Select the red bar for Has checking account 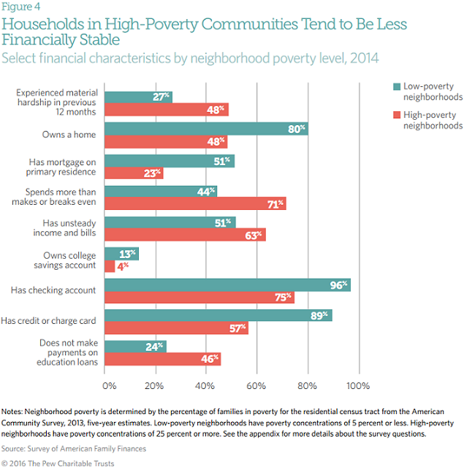coord(199,297)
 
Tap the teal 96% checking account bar coord(227,284)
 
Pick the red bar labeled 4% coord(110,266)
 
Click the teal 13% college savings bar coord(121,254)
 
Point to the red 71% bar coord(195,203)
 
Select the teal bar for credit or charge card coord(218,315)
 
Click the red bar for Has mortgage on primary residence coord(134,173)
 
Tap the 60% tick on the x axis coord(256,385)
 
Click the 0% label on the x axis coord(109,385)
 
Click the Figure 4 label coord(21,8)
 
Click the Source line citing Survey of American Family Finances coord(73,448)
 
